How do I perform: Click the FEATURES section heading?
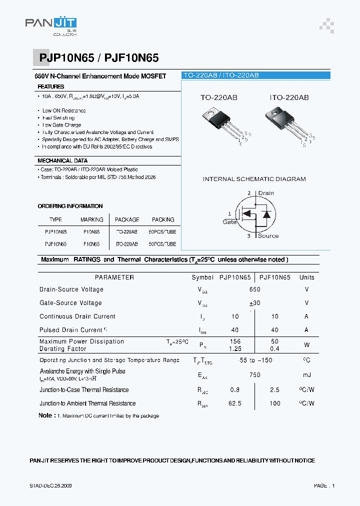coord(51,86)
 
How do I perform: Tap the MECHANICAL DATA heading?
coord(62,160)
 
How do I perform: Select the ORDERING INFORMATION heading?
coord(70,206)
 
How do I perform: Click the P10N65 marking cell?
coord(91,232)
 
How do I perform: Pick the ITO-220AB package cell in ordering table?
coord(127,244)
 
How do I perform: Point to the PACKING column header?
coord(163,219)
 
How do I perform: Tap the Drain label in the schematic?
coord(266,193)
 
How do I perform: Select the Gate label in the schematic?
coord(230,221)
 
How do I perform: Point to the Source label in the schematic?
coord(268,235)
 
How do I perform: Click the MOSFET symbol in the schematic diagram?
coord(255,214)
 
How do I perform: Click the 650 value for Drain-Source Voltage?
coord(255,289)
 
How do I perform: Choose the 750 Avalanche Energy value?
coord(255,375)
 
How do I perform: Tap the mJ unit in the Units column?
coord(306,375)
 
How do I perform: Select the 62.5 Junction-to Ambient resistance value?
coord(234,403)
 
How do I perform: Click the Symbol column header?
coord(202,277)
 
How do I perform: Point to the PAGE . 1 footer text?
coord(324,485)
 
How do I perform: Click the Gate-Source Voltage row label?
coord(70,302)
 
